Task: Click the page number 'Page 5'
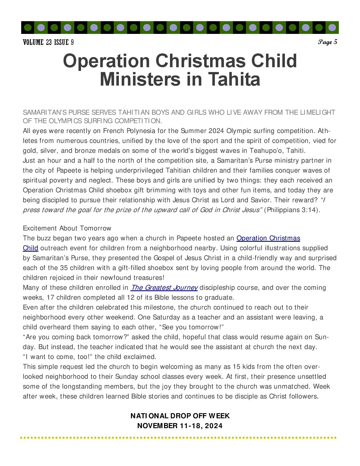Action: pyautogui.click(x=328, y=42)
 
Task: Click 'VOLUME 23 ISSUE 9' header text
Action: pyautogui.click(x=48, y=43)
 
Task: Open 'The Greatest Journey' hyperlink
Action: pyautogui.click(x=164, y=288)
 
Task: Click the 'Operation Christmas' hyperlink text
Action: pyautogui.click(x=268, y=238)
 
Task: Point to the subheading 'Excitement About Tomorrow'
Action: pyautogui.click(x=67, y=228)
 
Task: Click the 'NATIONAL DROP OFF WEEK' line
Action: pyautogui.click(x=180, y=416)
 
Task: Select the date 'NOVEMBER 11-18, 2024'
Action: pyautogui.click(x=180, y=426)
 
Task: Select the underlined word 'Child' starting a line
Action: pyautogui.click(x=30, y=248)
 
